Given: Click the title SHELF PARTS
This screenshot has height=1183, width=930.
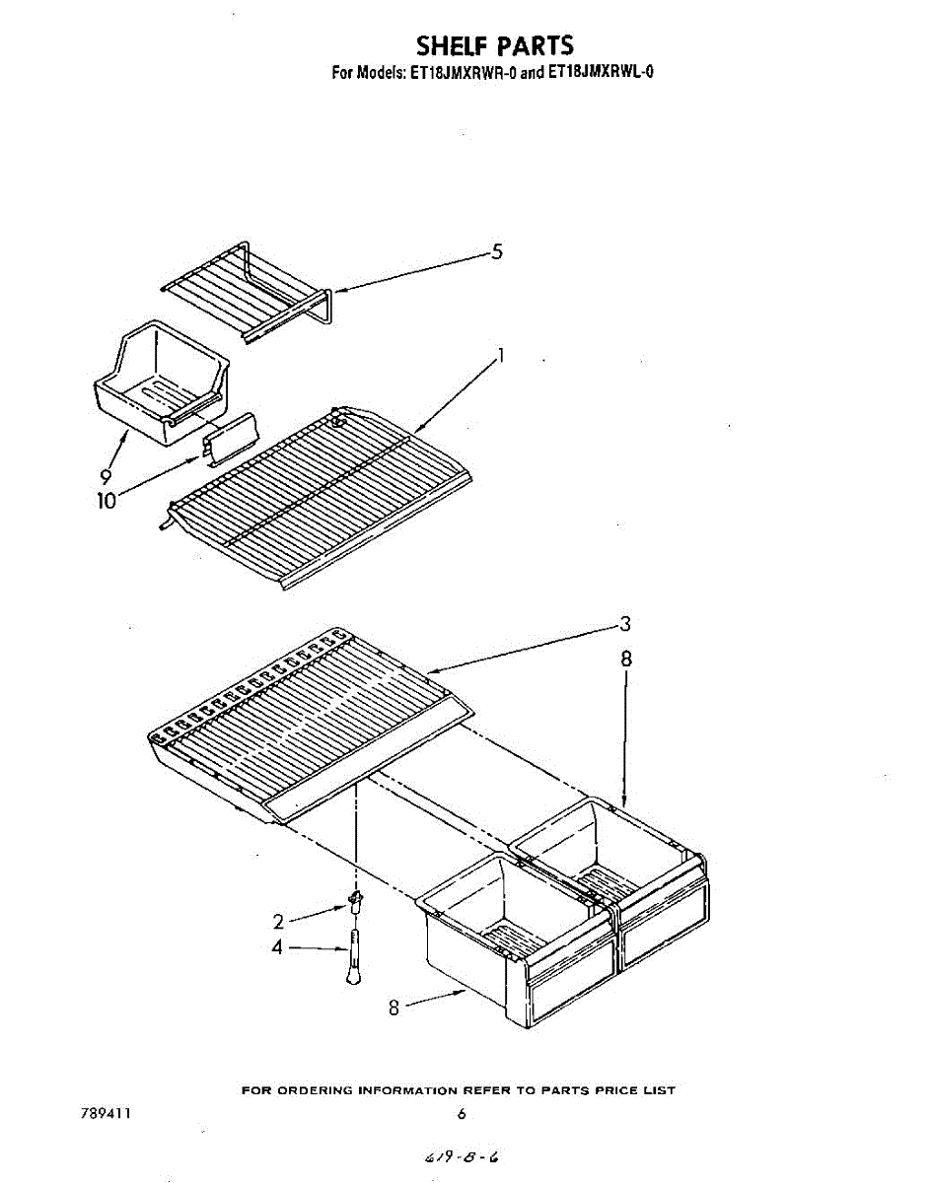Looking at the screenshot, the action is [494, 45].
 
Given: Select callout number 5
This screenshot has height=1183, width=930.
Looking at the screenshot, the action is [497, 252].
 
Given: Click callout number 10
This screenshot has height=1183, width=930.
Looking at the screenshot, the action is [106, 500].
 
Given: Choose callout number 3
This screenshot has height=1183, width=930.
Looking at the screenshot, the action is [625, 623].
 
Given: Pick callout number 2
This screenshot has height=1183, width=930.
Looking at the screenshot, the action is [279, 922].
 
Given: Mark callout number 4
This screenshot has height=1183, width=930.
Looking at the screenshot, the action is [278, 947].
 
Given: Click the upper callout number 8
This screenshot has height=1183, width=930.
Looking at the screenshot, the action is [626, 660].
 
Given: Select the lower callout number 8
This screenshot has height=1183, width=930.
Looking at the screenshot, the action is [393, 1007].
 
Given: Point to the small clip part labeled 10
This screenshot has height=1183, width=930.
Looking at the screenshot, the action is [229, 437].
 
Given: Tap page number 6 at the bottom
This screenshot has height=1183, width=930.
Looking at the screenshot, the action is [462, 1115].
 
